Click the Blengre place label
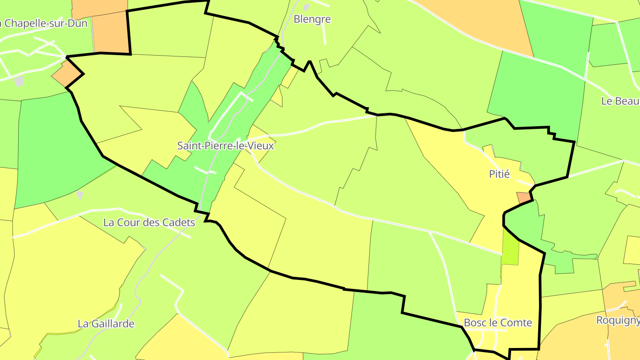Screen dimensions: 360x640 click(x=312, y=19)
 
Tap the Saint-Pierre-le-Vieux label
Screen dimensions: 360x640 click(x=225, y=145)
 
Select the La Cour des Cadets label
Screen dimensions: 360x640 click(x=149, y=222)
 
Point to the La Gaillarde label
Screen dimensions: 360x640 click(x=106, y=324)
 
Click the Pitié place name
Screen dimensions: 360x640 click(x=499, y=174)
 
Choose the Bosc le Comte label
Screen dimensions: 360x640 click(x=498, y=323)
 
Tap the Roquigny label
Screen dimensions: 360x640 click(x=617, y=320)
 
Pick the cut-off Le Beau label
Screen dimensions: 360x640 click(x=620, y=101)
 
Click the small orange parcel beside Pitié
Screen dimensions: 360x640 click(x=523, y=197)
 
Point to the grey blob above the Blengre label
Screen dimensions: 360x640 click(x=306, y=7)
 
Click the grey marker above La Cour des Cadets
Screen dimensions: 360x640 click(x=80, y=195)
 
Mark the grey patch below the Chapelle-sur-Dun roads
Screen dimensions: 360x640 click(x=18, y=81)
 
